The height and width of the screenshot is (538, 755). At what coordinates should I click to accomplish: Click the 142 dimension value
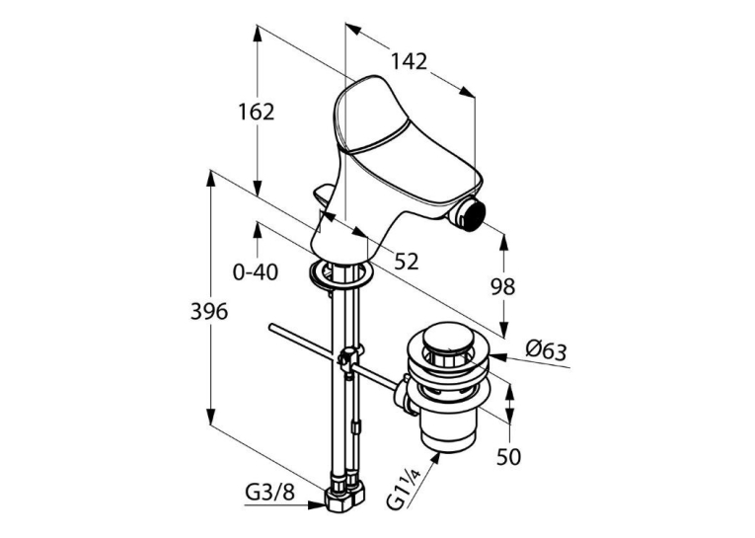[409, 61]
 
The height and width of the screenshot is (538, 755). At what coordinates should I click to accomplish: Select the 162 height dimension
[257, 112]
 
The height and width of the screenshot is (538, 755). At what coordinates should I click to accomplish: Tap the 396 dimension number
[209, 312]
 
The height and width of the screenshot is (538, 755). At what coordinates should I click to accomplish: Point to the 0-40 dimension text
[256, 272]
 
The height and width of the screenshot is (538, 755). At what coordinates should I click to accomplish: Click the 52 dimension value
[407, 261]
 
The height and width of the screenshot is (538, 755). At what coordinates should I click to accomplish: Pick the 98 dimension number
[502, 287]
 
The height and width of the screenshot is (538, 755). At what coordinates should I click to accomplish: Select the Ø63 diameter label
[546, 350]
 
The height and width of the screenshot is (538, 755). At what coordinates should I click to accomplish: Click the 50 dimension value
[509, 456]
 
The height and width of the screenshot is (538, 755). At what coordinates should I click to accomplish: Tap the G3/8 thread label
[269, 493]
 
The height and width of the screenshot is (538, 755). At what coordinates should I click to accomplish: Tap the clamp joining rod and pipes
[350, 358]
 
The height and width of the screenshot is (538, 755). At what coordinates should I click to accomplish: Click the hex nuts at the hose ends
[344, 497]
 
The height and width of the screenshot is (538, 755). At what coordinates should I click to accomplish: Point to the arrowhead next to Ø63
[498, 357]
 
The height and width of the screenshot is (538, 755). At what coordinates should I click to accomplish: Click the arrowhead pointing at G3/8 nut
[317, 505]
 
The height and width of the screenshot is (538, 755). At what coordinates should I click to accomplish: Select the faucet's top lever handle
[407, 139]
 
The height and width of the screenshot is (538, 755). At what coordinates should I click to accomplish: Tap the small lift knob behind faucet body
[325, 195]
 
